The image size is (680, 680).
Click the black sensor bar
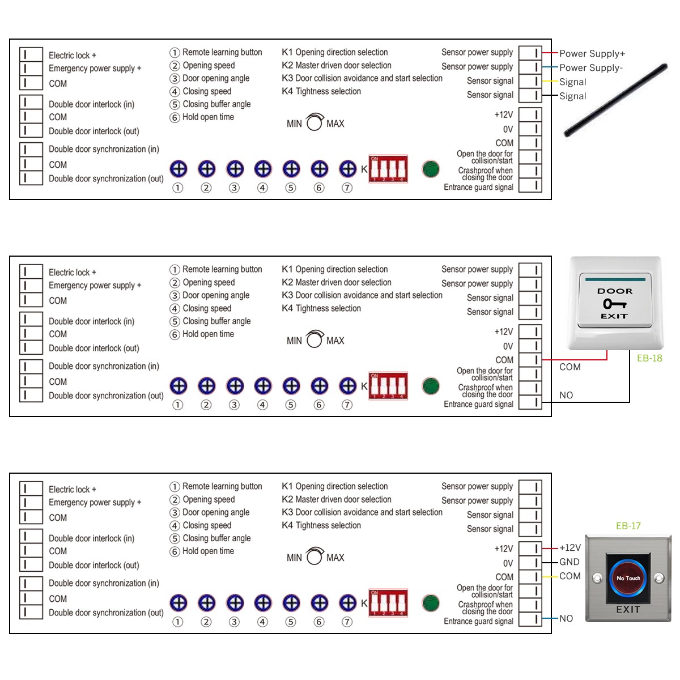[617, 101]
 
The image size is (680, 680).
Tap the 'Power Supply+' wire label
[592, 54]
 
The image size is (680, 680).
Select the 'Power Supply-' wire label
[591, 68]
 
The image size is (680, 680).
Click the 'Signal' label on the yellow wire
[573, 82]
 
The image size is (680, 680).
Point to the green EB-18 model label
[649, 358]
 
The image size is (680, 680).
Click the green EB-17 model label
[628, 526]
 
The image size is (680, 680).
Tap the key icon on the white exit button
[614, 304]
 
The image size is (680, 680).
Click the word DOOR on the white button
[615, 291]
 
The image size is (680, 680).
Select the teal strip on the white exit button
[615, 279]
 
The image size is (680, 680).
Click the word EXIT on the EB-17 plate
[628, 610]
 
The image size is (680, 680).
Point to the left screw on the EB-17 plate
[597, 579]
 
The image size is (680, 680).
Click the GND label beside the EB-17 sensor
[569, 562]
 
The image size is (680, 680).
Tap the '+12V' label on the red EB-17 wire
[570, 548]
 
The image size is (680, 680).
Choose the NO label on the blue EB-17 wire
[566, 619]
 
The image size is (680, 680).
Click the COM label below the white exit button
[570, 367]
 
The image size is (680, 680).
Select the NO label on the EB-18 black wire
[566, 396]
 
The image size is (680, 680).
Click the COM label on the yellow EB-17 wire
[570, 576]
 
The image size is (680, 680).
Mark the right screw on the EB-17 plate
[659, 579]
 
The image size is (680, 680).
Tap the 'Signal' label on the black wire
[573, 96]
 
